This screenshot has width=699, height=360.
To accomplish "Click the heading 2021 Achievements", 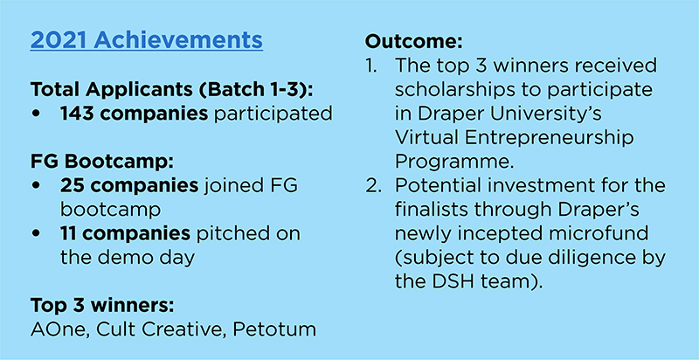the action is click(x=146, y=41).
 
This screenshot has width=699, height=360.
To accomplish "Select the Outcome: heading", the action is click(x=414, y=41).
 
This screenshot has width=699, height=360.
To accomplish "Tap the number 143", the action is click(x=76, y=114).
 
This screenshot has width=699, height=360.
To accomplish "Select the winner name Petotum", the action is click(x=274, y=330).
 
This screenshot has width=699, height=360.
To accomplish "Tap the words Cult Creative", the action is click(x=161, y=330).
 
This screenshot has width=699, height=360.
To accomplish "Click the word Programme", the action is click(x=454, y=163).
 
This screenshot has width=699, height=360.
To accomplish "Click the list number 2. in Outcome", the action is click(x=373, y=186).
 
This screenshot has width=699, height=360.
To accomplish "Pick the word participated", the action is click(x=273, y=114).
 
